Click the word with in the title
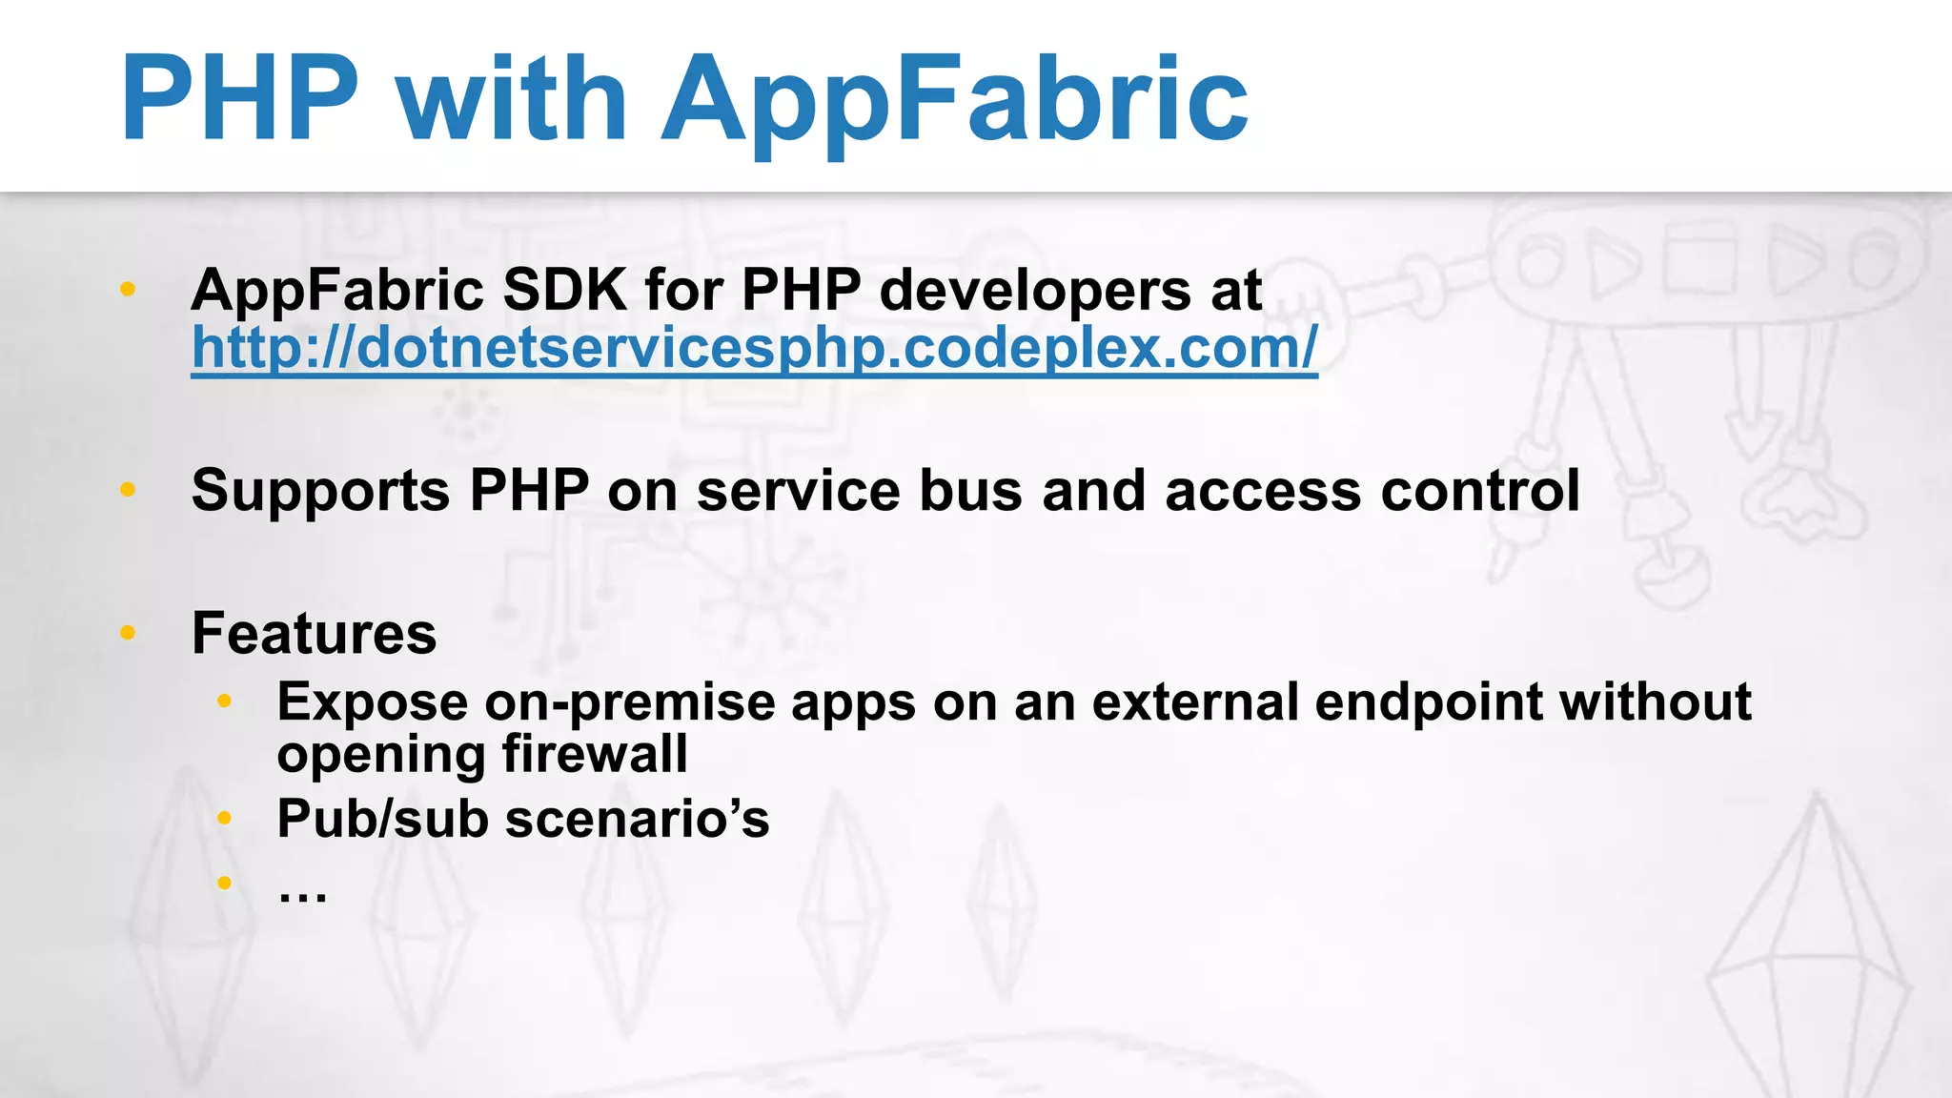point(512,98)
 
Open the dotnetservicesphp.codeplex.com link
point(753,348)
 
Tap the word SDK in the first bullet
point(564,289)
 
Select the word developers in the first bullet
point(1034,291)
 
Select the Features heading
point(314,633)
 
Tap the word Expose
point(372,703)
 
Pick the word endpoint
point(1428,703)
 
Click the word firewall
point(594,754)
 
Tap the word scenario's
point(637,820)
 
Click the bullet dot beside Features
point(128,632)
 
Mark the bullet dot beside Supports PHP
point(128,490)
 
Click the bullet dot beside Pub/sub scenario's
point(224,818)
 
